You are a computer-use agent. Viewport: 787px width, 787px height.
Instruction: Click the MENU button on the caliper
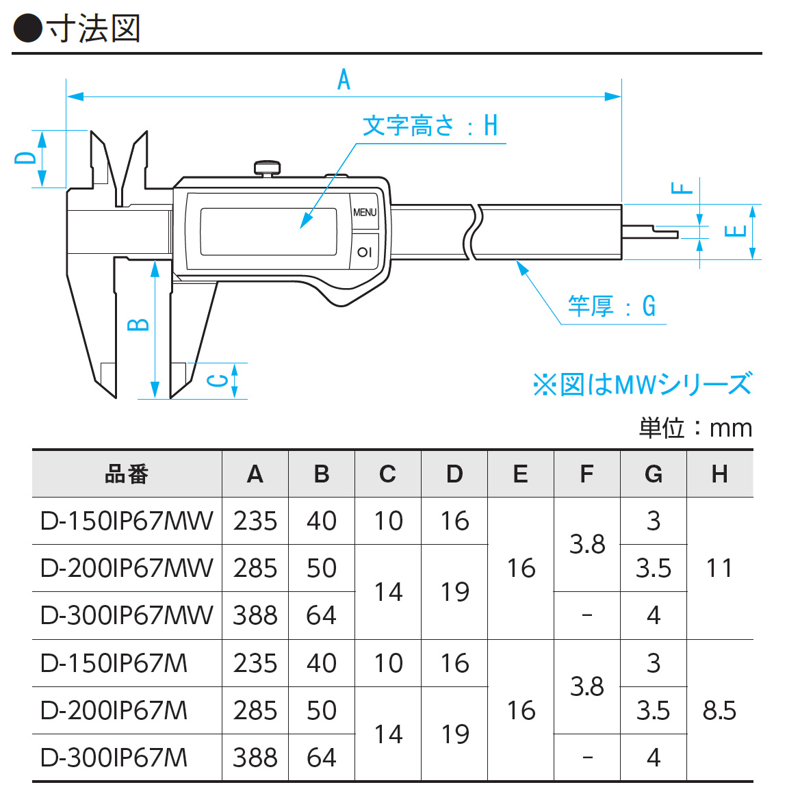tap(365, 212)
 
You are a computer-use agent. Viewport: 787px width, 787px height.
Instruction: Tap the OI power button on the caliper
tap(365, 252)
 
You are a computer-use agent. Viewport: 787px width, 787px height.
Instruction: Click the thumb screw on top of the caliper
tap(267, 167)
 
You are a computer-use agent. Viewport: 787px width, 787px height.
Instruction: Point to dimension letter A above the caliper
tap(344, 80)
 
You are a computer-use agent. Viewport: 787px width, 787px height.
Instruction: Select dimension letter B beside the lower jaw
tap(139, 323)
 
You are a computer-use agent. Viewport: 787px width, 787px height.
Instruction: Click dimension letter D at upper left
tap(25, 157)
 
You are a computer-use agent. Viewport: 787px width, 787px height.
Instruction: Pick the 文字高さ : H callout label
tap(430, 127)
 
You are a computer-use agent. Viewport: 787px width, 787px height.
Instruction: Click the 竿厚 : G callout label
tap(611, 306)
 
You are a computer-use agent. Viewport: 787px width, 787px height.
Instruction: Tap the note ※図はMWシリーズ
tap(642, 384)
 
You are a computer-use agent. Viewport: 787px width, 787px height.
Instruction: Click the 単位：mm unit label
tap(695, 428)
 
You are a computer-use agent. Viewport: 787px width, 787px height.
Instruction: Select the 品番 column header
tap(127, 474)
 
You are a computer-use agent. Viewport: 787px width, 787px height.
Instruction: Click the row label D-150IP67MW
tap(127, 521)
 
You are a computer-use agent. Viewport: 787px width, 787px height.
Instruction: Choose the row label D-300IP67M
tap(114, 758)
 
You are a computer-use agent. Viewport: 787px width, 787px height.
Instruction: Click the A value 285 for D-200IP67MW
tap(255, 568)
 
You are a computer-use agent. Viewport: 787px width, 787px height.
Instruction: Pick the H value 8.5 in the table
tap(719, 710)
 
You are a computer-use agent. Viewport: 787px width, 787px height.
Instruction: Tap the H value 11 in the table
tap(719, 568)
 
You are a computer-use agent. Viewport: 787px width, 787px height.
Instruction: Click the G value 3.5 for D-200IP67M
tap(653, 710)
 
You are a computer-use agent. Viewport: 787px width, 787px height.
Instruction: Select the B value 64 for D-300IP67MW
tap(321, 615)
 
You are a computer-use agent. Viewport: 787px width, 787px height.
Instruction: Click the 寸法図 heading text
tap(94, 29)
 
